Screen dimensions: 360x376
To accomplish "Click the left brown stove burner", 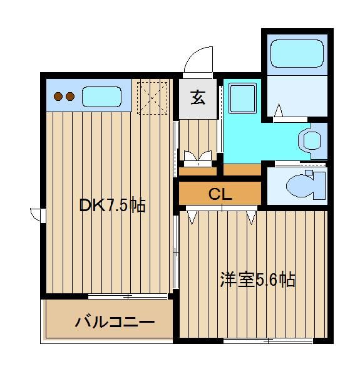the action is click(x=58, y=97).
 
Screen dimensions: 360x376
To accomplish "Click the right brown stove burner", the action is click(x=70, y=97).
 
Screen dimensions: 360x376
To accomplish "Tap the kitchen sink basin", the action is click(x=101, y=97).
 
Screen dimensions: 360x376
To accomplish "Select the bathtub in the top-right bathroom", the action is click(x=297, y=53).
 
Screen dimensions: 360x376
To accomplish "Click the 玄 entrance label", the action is click(x=198, y=98).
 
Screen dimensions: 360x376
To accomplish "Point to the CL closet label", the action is click(x=220, y=194).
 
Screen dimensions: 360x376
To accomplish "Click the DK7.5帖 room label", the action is click(x=112, y=205).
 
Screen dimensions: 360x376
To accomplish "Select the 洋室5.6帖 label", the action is click(x=257, y=279).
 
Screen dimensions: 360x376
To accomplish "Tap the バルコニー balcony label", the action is click(x=115, y=321).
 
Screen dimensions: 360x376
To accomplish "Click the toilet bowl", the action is click(x=304, y=185).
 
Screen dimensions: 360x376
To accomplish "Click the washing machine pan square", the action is click(x=242, y=98).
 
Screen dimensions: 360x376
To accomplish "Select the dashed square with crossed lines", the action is click(x=152, y=98).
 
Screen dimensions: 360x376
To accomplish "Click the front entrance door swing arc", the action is click(x=195, y=54).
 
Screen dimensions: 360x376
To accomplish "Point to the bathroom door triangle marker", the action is click(x=279, y=110).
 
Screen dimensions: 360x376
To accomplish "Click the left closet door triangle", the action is click(x=192, y=217).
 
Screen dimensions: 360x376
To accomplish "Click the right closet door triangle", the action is click(x=252, y=217).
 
